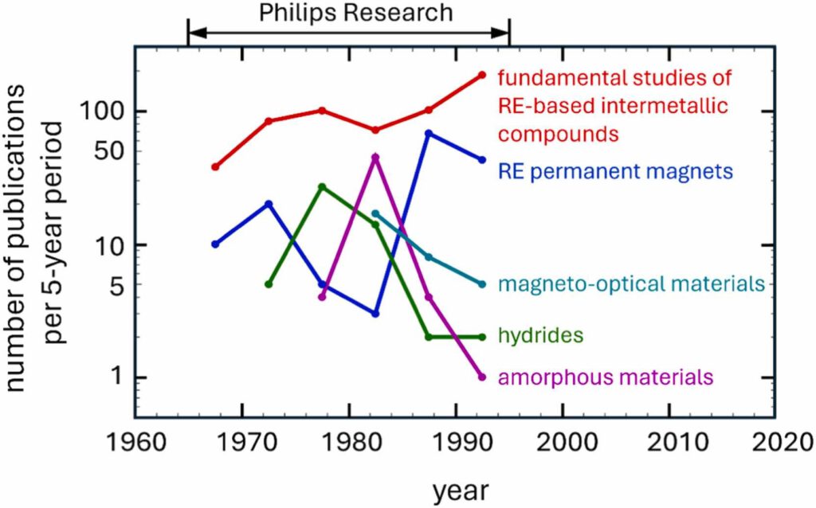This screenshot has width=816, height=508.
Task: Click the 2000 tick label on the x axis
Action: (x=564, y=440)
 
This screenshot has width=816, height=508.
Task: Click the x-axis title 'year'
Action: (x=460, y=490)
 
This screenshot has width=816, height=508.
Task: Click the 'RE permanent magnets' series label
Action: (x=615, y=170)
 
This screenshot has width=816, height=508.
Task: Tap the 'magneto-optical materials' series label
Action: (x=632, y=283)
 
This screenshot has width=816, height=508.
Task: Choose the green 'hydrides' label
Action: (x=541, y=336)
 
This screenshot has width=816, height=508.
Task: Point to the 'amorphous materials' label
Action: (x=606, y=377)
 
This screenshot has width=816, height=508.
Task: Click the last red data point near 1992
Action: (x=482, y=75)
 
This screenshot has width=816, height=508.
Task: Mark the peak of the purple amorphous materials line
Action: (x=375, y=158)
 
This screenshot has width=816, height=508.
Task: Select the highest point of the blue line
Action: (x=429, y=133)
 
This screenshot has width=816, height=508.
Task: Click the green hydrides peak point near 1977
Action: (x=322, y=187)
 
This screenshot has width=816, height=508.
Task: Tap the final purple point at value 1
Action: (x=482, y=377)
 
